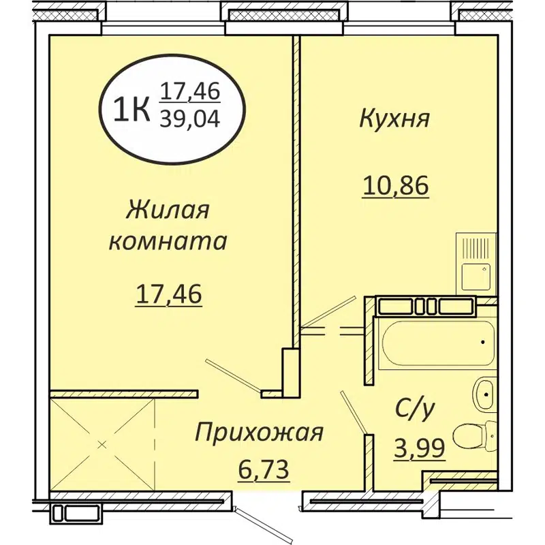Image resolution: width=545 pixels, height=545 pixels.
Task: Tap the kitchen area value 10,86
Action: click(x=395, y=185)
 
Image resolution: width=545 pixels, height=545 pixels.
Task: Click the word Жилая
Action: click(x=167, y=210)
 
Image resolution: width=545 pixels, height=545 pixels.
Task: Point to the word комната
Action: click(x=168, y=241)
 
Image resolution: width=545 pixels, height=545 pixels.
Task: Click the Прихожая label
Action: click(x=258, y=432)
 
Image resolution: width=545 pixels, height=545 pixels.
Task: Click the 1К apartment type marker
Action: click(x=131, y=109)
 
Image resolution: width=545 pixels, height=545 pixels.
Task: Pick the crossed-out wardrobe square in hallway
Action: click(x=102, y=444)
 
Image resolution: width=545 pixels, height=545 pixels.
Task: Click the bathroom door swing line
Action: click(x=354, y=412)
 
